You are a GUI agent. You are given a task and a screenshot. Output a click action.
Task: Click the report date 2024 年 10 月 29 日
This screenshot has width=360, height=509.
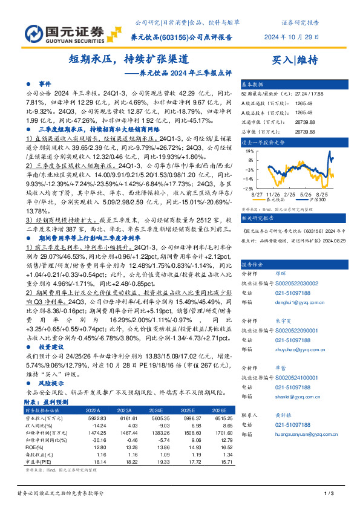tap(292, 36)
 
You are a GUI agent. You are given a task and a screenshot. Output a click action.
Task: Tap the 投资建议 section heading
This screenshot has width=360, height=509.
tap(52, 348)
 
